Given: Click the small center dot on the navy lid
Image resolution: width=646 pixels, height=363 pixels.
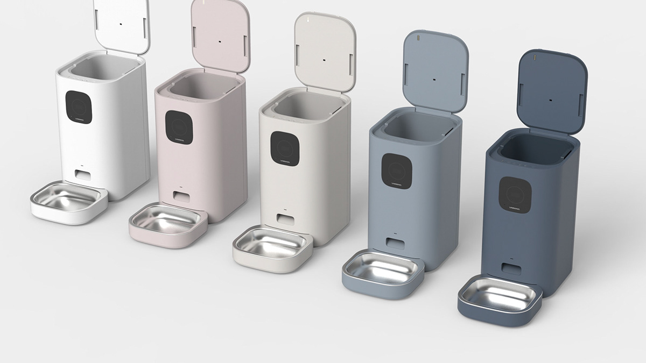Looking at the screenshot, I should coord(550,100).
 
